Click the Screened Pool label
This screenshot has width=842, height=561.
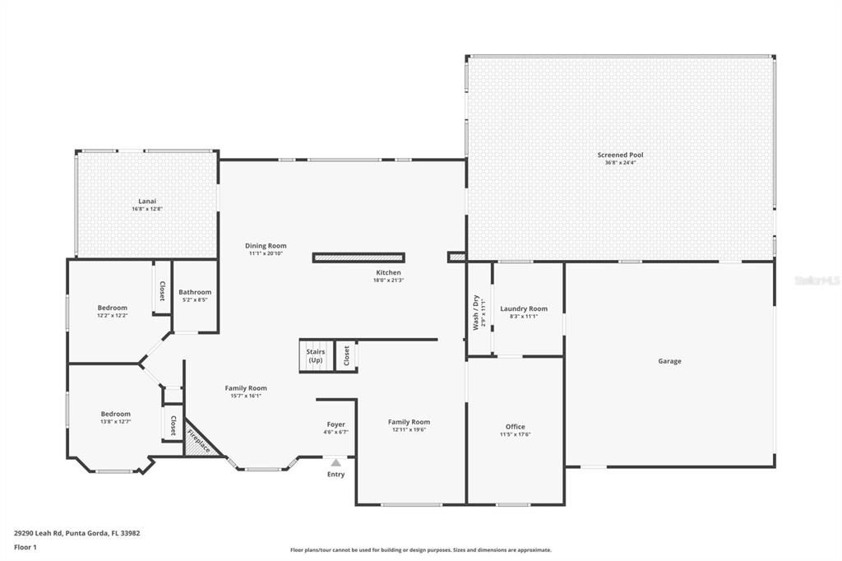620,155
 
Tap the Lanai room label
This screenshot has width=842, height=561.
146,201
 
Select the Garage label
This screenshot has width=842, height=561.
669,361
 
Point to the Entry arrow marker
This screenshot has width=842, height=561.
335,463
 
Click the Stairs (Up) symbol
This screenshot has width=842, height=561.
316,356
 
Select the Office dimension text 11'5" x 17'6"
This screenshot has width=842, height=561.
516,434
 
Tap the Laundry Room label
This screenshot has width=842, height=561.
524,308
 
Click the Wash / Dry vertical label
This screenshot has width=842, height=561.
475,312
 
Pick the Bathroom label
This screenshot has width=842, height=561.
195,292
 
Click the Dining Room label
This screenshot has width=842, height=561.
266,245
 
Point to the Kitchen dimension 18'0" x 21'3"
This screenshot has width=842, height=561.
388,280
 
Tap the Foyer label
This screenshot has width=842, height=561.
335,424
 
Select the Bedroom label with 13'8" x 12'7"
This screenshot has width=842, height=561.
115,414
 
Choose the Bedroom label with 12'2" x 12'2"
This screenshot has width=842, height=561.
113,308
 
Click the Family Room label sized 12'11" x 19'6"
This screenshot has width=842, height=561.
409,422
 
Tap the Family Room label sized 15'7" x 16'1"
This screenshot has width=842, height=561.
246,388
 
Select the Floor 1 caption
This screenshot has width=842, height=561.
25,546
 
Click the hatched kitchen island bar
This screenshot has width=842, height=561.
359,257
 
